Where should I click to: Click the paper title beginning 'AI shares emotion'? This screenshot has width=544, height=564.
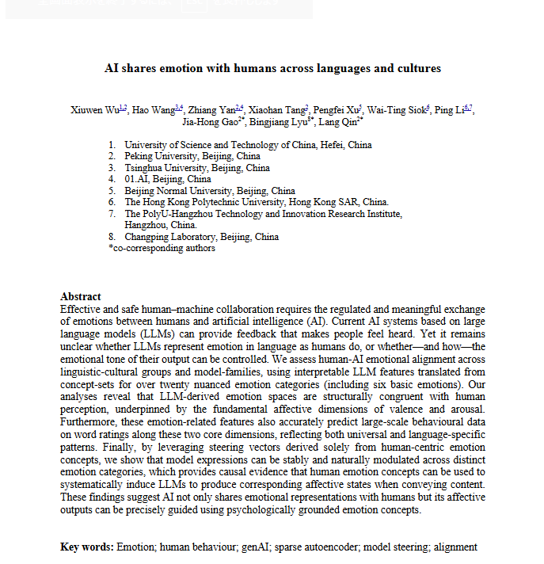pyautogui.click(x=272, y=69)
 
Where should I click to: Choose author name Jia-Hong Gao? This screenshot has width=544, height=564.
pyautogui.click(x=210, y=123)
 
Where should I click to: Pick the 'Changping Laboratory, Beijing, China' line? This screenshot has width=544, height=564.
pyautogui.click(x=201, y=236)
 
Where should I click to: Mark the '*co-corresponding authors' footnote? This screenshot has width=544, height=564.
pyautogui.click(x=162, y=248)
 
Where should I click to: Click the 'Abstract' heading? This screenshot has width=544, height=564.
pyautogui.click(x=81, y=296)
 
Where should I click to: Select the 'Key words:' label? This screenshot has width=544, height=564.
pyautogui.click(x=87, y=547)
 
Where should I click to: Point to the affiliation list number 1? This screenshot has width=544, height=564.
pyautogui.click(x=112, y=145)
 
